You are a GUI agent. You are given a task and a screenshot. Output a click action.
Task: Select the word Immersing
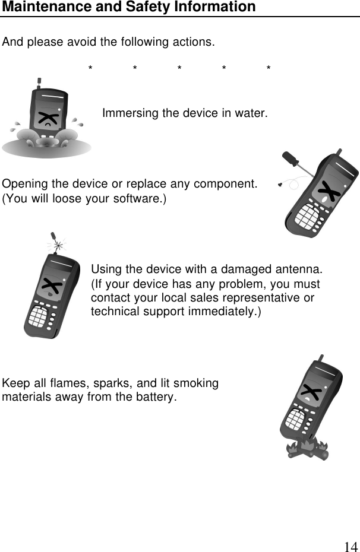[127, 113]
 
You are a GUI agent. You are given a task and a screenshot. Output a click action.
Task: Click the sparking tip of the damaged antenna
[58, 242]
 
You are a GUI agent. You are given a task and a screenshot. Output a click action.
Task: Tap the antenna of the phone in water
[39, 81]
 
